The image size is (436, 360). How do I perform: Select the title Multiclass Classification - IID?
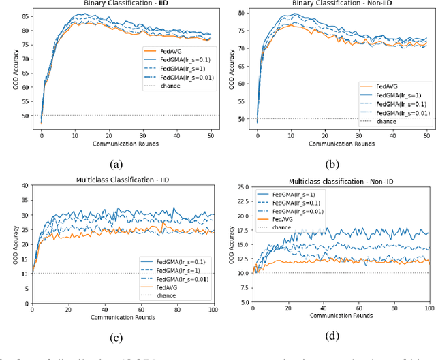pyautogui.click(x=122, y=179)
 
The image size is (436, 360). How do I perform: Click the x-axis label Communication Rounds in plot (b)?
pyautogui.click(x=340, y=145)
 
